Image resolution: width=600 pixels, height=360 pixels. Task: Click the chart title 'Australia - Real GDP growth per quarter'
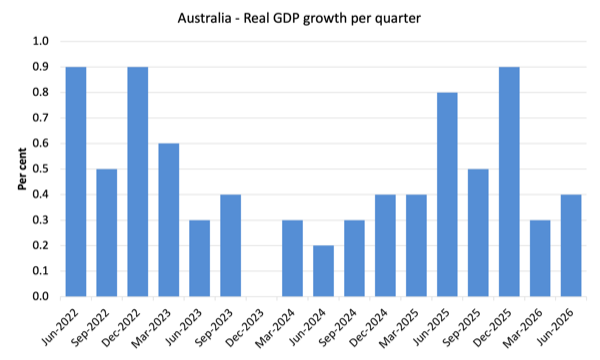[x=299, y=18]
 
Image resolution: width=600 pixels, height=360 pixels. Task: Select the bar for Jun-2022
[x=76, y=181]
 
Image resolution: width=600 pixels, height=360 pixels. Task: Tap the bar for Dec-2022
[x=138, y=181]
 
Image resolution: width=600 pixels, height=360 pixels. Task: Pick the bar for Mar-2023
[x=169, y=220]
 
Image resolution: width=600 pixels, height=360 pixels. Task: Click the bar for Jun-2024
[x=323, y=271]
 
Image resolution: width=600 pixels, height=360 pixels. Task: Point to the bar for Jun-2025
[x=447, y=194]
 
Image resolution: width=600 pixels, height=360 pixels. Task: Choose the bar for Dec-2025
[x=509, y=181]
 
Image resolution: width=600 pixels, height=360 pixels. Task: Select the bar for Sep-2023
[x=231, y=245]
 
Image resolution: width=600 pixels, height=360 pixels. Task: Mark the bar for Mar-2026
[x=540, y=258]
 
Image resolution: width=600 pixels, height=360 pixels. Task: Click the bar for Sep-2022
[x=107, y=233]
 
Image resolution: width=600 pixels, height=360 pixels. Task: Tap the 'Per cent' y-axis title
[x=22, y=169]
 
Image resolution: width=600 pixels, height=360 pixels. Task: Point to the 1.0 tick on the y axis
[x=41, y=41]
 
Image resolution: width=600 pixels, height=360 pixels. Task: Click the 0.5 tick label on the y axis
[x=41, y=169]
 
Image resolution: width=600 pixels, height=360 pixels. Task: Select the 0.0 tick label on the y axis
[x=41, y=296]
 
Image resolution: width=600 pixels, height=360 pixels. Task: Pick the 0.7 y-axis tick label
[x=41, y=118]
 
